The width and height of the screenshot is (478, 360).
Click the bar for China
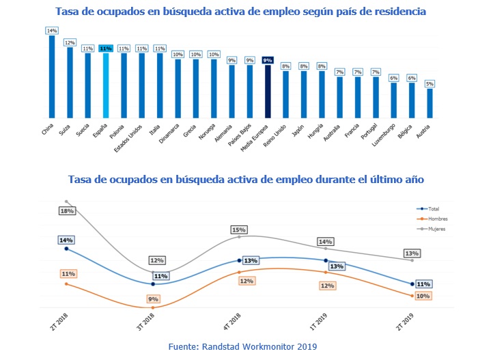pyautogui.click(x=52, y=77)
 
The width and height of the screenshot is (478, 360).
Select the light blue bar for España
pyautogui.click(x=106, y=85)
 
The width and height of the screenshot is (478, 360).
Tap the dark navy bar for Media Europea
pyautogui.click(x=268, y=92)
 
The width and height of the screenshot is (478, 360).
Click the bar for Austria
pyautogui.click(x=430, y=103)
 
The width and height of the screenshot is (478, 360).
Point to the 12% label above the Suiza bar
pyautogui.click(x=70, y=42)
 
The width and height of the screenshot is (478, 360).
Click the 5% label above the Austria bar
pyautogui.click(x=430, y=83)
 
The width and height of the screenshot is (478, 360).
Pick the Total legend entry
pyautogui.click(x=430, y=208)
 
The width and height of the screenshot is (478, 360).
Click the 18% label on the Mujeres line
pyautogui.click(x=66, y=212)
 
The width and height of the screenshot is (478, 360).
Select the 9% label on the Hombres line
pyautogui.click(x=154, y=299)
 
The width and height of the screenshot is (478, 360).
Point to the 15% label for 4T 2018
pyautogui.click(x=239, y=230)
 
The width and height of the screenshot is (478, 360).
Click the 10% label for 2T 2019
pyautogui.click(x=423, y=296)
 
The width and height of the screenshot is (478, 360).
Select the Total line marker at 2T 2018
pyautogui.click(x=66, y=249)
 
